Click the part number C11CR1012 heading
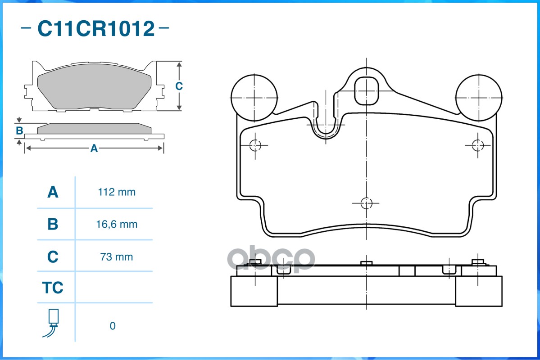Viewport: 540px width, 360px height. point(96,28)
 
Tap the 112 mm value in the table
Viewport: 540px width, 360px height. point(117,192)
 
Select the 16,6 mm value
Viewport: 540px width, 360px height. point(117,225)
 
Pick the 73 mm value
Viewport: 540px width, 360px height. point(116,257)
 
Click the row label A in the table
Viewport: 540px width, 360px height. point(53,192)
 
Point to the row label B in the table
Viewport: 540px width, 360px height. point(53,224)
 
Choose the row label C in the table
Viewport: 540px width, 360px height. point(53,256)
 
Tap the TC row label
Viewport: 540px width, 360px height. point(53,288)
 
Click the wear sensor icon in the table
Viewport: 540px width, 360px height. point(51,323)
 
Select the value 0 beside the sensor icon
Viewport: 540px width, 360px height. point(113,326)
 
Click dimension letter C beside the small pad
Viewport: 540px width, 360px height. point(179,85)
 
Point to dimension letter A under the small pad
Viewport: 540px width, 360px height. point(94,148)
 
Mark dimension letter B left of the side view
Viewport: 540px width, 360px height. point(20,130)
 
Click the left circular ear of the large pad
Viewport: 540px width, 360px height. point(254,98)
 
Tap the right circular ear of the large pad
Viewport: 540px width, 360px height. point(479,98)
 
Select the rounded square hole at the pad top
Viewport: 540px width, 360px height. point(367,91)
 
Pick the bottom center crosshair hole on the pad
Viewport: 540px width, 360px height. point(367,203)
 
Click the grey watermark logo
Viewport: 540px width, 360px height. point(271,259)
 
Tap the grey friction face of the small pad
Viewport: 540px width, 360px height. point(94,86)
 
